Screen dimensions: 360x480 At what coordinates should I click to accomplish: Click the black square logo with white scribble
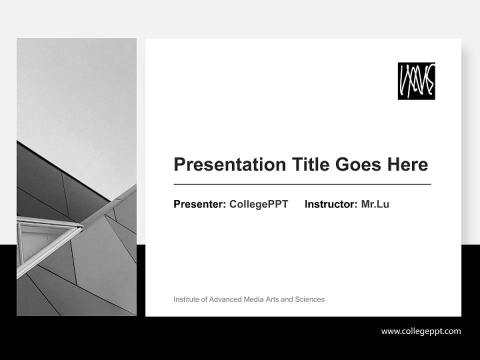tap(416, 81)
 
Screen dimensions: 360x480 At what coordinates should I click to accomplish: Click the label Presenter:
tap(199, 204)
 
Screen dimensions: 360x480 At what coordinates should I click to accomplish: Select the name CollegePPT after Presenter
tap(258, 204)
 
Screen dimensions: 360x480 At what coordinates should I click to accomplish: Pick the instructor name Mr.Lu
tap(375, 204)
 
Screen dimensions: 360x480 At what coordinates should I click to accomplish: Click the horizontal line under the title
tap(302, 184)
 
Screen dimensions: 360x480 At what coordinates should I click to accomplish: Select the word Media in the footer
tap(253, 299)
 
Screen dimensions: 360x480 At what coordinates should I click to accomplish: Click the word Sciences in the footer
tap(309, 299)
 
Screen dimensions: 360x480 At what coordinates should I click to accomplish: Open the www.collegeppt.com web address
tap(421, 331)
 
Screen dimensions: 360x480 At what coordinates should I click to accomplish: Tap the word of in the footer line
tap(203, 299)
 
